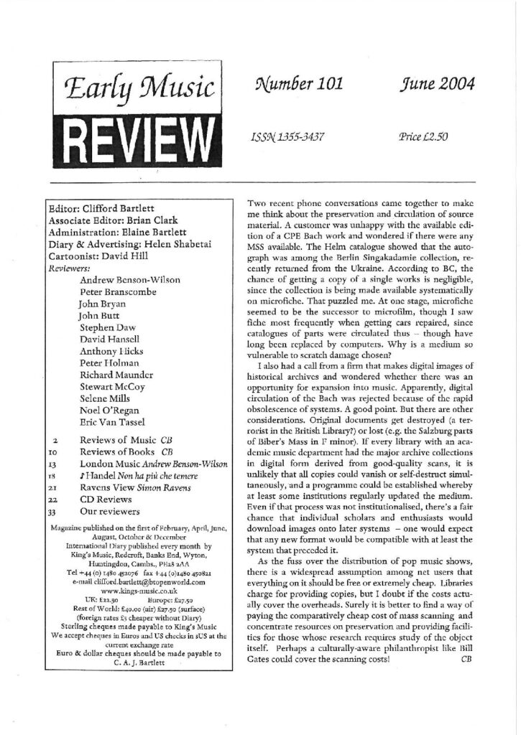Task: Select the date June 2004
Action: [x=438, y=85]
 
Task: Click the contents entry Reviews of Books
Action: [x=112, y=452]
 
